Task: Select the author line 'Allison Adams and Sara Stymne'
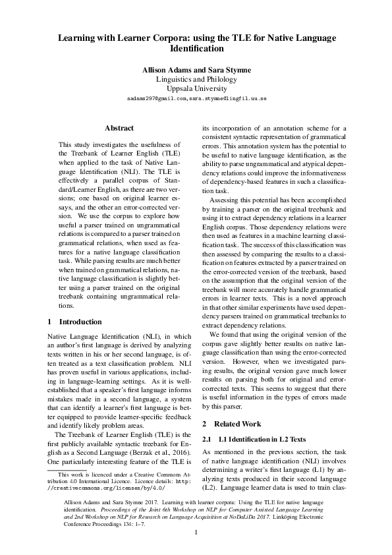pos(196,70)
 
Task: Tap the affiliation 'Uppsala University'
pos(196,88)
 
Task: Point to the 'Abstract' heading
pos(119,128)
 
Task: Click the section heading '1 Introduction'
pos(75,322)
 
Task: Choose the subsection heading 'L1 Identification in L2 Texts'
pos(252,438)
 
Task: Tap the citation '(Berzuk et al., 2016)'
pos(157,453)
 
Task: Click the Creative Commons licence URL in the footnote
pos(109,488)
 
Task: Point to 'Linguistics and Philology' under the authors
pos(196,79)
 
